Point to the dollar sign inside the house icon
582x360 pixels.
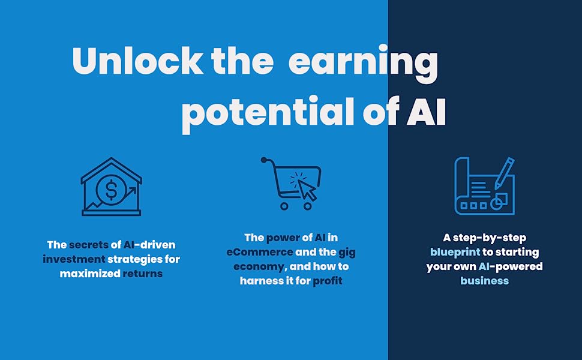click(x=111, y=190)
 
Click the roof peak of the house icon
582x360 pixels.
click(x=111, y=160)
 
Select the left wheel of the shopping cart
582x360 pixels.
click(x=284, y=206)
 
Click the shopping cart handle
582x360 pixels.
click(x=266, y=160)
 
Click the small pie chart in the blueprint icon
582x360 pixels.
click(x=497, y=203)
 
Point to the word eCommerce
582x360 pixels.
click(x=260, y=252)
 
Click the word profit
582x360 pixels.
click(x=328, y=280)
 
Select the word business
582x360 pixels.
click(x=484, y=281)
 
